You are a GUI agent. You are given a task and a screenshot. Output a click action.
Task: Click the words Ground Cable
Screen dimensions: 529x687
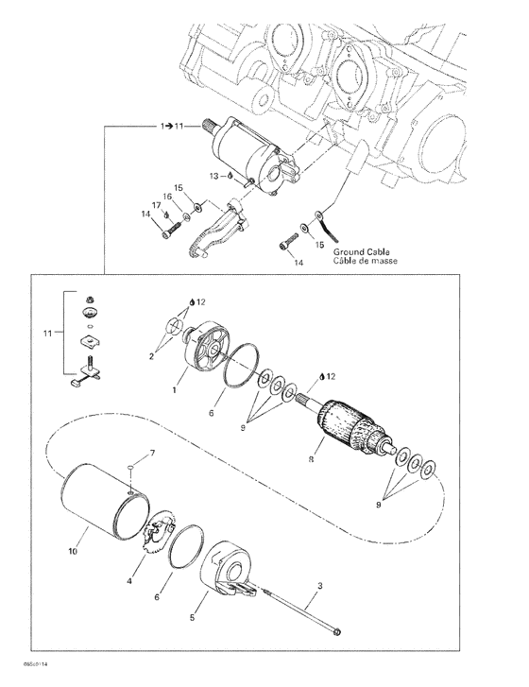pos(361,252)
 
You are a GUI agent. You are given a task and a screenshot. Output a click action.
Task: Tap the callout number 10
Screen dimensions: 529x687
pos(73,551)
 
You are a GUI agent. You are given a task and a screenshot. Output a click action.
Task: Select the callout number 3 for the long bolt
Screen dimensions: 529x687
pos(320,585)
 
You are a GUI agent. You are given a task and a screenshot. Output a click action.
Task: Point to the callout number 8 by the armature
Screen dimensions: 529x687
pos(311,459)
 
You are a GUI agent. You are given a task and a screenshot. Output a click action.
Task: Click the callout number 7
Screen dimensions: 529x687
pos(152,453)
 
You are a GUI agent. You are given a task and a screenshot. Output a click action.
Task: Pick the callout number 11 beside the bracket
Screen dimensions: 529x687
pos(48,334)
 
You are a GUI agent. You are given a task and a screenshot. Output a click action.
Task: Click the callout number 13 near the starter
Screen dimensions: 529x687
pos(213,176)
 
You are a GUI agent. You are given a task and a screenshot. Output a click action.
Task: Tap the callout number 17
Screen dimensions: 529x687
pos(156,205)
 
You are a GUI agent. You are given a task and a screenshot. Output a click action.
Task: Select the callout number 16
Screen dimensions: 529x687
pos(168,197)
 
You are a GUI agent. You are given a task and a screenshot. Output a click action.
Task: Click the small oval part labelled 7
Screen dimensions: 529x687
pos(130,469)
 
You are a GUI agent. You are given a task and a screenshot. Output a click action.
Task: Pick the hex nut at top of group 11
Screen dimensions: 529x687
pos(90,301)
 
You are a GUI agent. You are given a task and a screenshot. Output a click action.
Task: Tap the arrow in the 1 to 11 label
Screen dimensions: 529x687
pos(168,127)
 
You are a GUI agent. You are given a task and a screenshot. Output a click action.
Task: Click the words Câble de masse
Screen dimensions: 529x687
pos(366,261)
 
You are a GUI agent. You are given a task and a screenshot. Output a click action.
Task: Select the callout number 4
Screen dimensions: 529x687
pos(129,581)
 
